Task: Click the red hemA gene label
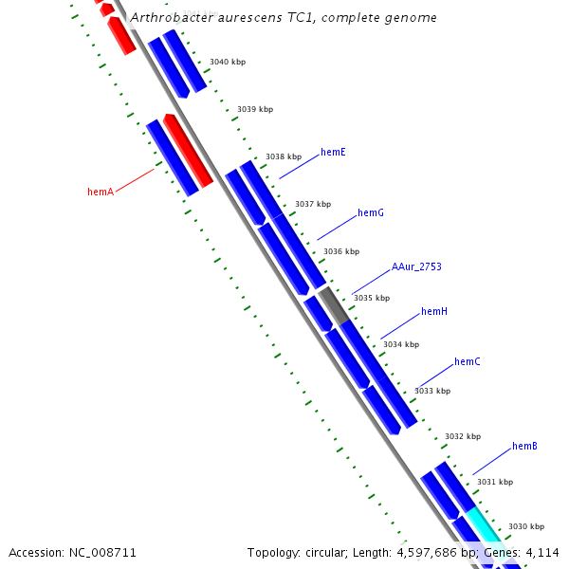(101, 192)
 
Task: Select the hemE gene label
(333, 152)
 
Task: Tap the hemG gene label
(371, 212)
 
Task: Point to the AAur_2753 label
(416, 266)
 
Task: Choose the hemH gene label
(434, 311)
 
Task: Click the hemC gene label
(468, 361)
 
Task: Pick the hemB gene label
(525, 446)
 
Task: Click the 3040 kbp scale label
(227, 62)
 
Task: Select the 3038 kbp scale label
(284, 156)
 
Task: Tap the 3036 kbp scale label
(341, 251)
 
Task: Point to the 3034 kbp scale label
(401, 344)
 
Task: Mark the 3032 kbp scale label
(463, 436)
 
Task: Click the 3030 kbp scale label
(526, 526)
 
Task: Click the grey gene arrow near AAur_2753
(334, 306)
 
